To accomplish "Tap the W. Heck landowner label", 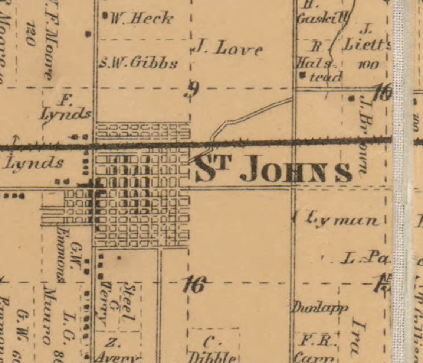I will pyautogui.click(x=142, y=18).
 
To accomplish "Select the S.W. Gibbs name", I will pyautogui.click(x=138, y=63).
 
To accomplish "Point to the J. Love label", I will pyautogui.click(x=228, y=48).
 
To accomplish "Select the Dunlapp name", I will pyautogui.click(x=321, y=307).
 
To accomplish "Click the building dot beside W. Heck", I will pyautogui.click(x=105, y=16).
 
